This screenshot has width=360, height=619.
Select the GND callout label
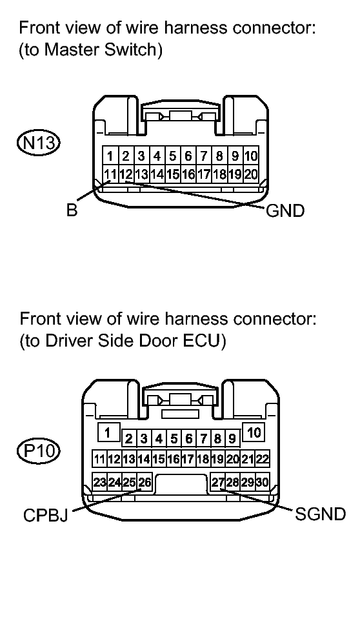click(x=285, y=211)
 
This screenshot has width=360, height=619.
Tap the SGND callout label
click(x=320, y=515)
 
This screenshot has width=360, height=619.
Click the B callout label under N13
click(x=72, y=211)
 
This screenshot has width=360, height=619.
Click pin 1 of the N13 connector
click(x=111, y=156)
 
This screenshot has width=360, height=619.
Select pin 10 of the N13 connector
click(x=251, y=156)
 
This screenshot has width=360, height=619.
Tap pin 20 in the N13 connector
click(x=251, y=174)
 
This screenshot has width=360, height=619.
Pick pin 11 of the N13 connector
click(x=111, y=174)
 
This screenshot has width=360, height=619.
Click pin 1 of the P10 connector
click(x=109, y=432)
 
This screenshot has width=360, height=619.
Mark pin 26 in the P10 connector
click(x=145, y=482)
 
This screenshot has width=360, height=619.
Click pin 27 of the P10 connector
click(x=218, y=482)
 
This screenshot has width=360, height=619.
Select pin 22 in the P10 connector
click(x=263, y=460)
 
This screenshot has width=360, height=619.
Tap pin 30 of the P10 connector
click(x=263, y=482)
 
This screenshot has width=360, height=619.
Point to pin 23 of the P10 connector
click(x=100, y=482)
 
